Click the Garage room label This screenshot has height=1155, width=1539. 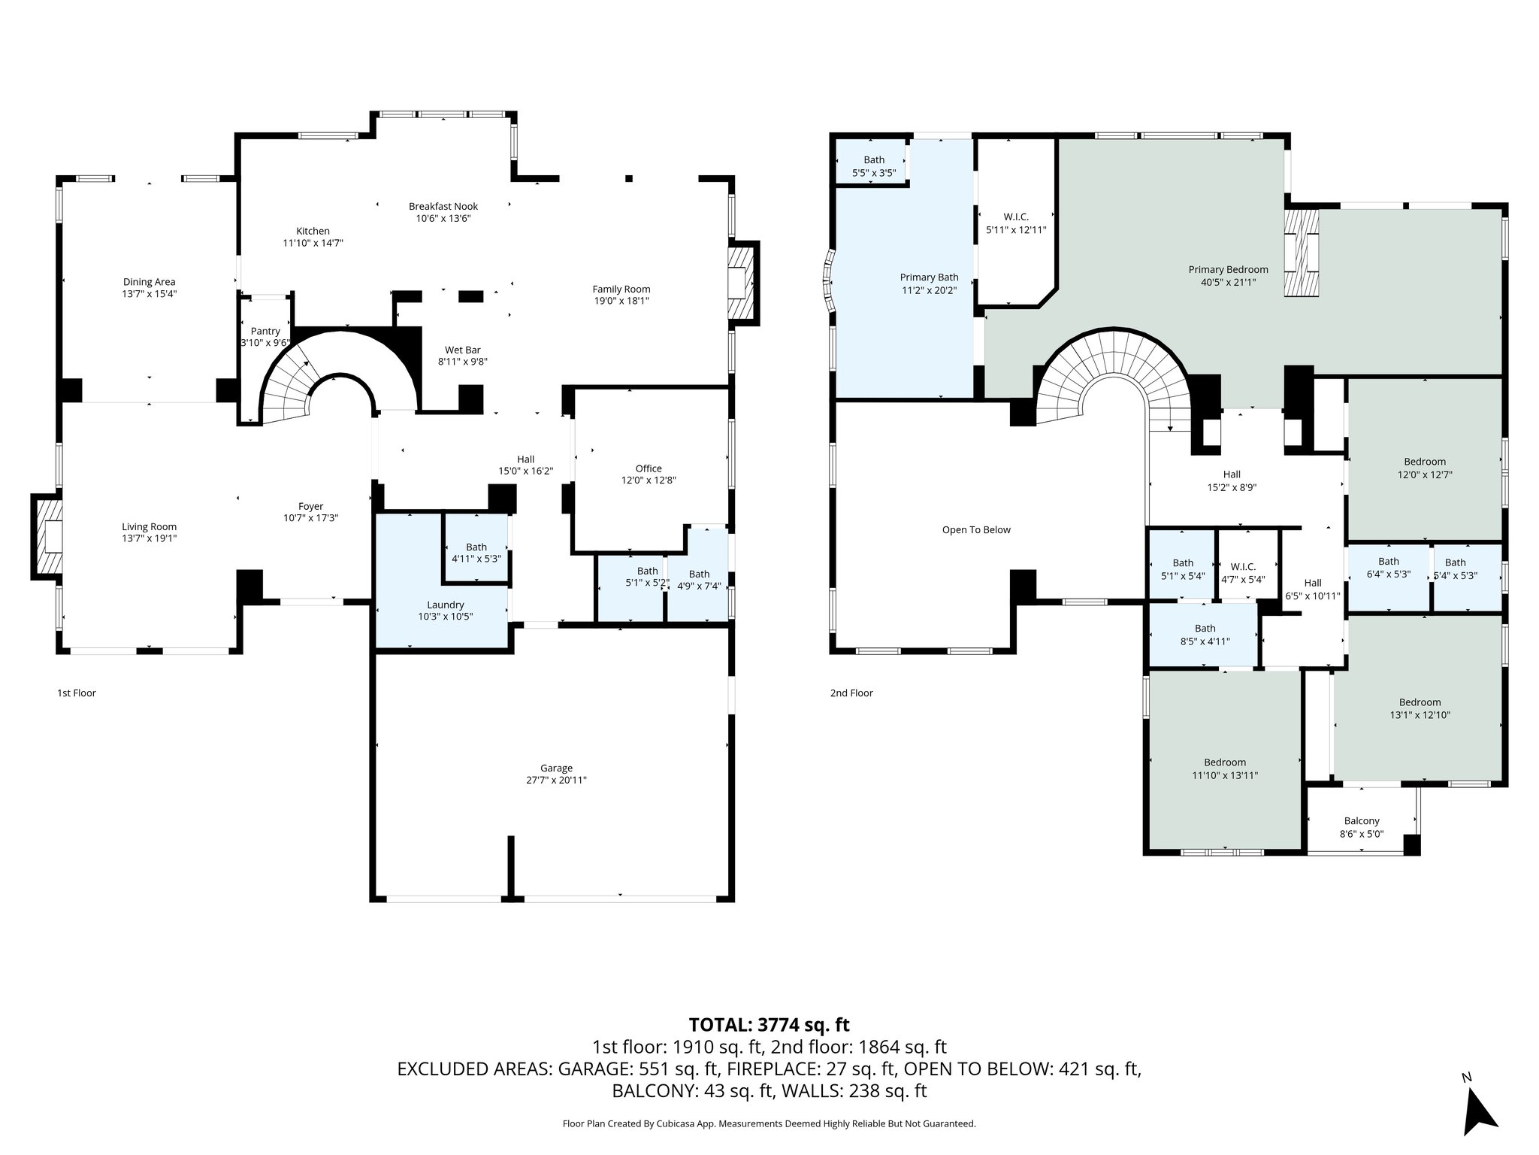(556, 768)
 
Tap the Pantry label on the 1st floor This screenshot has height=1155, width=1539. (265, 331)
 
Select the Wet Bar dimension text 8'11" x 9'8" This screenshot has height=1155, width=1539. (463, 361)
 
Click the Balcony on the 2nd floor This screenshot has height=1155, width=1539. (1361, 821)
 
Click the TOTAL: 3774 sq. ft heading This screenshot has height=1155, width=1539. (769, 1024)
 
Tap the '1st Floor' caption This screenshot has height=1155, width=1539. (77, 693)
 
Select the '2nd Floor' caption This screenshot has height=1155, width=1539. (851, 693)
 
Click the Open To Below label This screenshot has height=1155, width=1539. (976, 529)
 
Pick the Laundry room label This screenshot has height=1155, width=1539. (446, 605)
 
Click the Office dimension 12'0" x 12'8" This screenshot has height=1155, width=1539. (649, 480)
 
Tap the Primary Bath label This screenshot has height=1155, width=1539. (929, 277)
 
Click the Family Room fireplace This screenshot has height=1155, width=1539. (741, 283)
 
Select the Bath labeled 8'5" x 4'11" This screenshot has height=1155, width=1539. (1205, 635)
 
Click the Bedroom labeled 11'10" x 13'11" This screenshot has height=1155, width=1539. (1224, 768)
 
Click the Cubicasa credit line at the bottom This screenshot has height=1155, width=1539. (769, 1123)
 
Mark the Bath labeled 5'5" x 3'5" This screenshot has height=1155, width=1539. (874, 165)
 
